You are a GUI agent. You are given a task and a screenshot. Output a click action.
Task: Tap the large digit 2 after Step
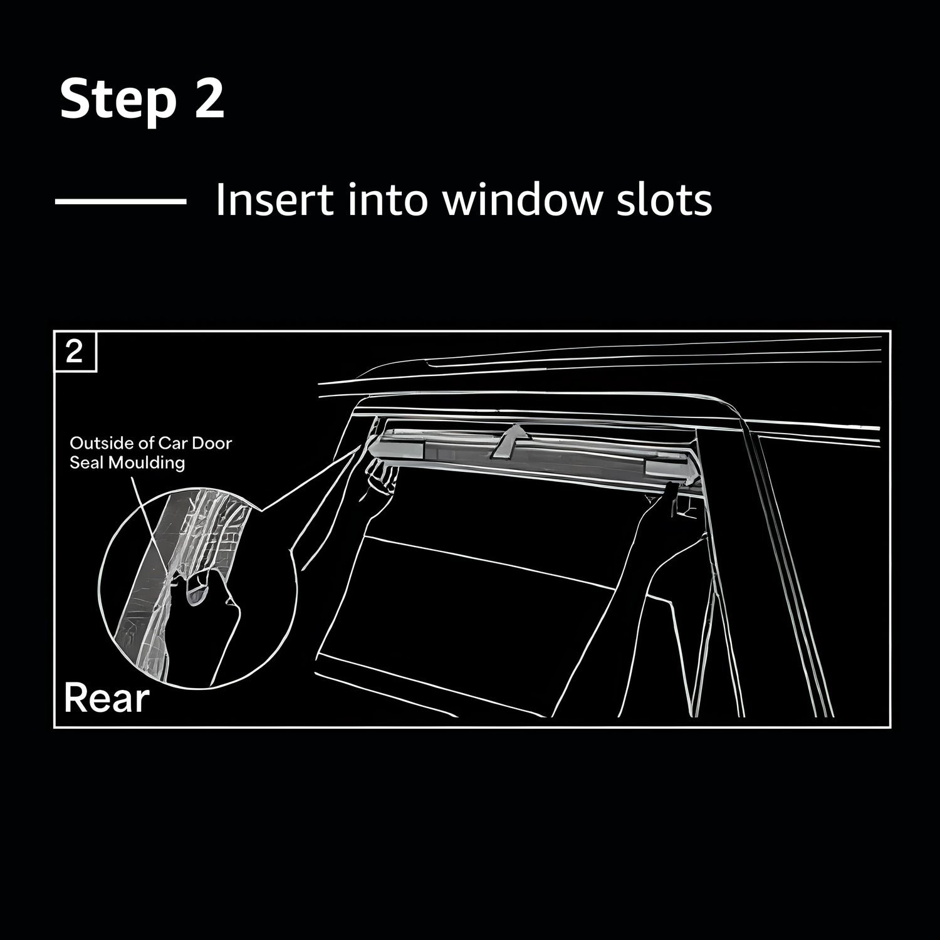pyautogui.click(x=209, y=98)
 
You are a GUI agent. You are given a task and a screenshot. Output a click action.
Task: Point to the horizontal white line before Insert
pyautogui.click(x=120, y=201)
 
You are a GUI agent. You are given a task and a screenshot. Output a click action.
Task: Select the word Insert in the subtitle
pyautogui.click(x=274, y=200)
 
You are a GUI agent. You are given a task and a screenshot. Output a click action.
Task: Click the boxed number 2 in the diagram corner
pyautogui.click(x=75, y=352)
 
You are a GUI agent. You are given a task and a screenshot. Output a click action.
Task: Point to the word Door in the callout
pyautogui.click(x=211, y=443)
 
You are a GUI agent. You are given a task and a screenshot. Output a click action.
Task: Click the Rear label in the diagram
pyautogui.click(x=107, y=698)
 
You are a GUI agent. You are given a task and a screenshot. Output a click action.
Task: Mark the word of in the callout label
pyautogui.click(x=138, y=443)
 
